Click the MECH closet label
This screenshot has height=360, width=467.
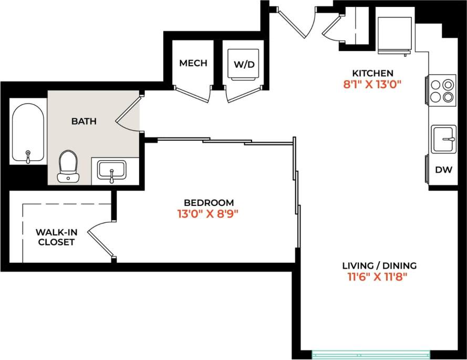tap(193, 63)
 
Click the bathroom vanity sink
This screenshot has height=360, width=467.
tap(111, 170)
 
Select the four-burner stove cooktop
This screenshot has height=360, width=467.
tap(442, 90)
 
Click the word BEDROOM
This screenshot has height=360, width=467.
tap(209, 202)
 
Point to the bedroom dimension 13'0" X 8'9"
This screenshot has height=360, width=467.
tap(209, 214)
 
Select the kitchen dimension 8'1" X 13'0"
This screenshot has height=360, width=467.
tap(372, 84)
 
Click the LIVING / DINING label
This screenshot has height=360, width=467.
tap(372, 265)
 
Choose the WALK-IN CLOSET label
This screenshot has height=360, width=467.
tap(55, 237)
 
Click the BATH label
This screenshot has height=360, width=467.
tap(84, 121)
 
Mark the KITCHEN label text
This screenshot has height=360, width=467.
tap(372, 73)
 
